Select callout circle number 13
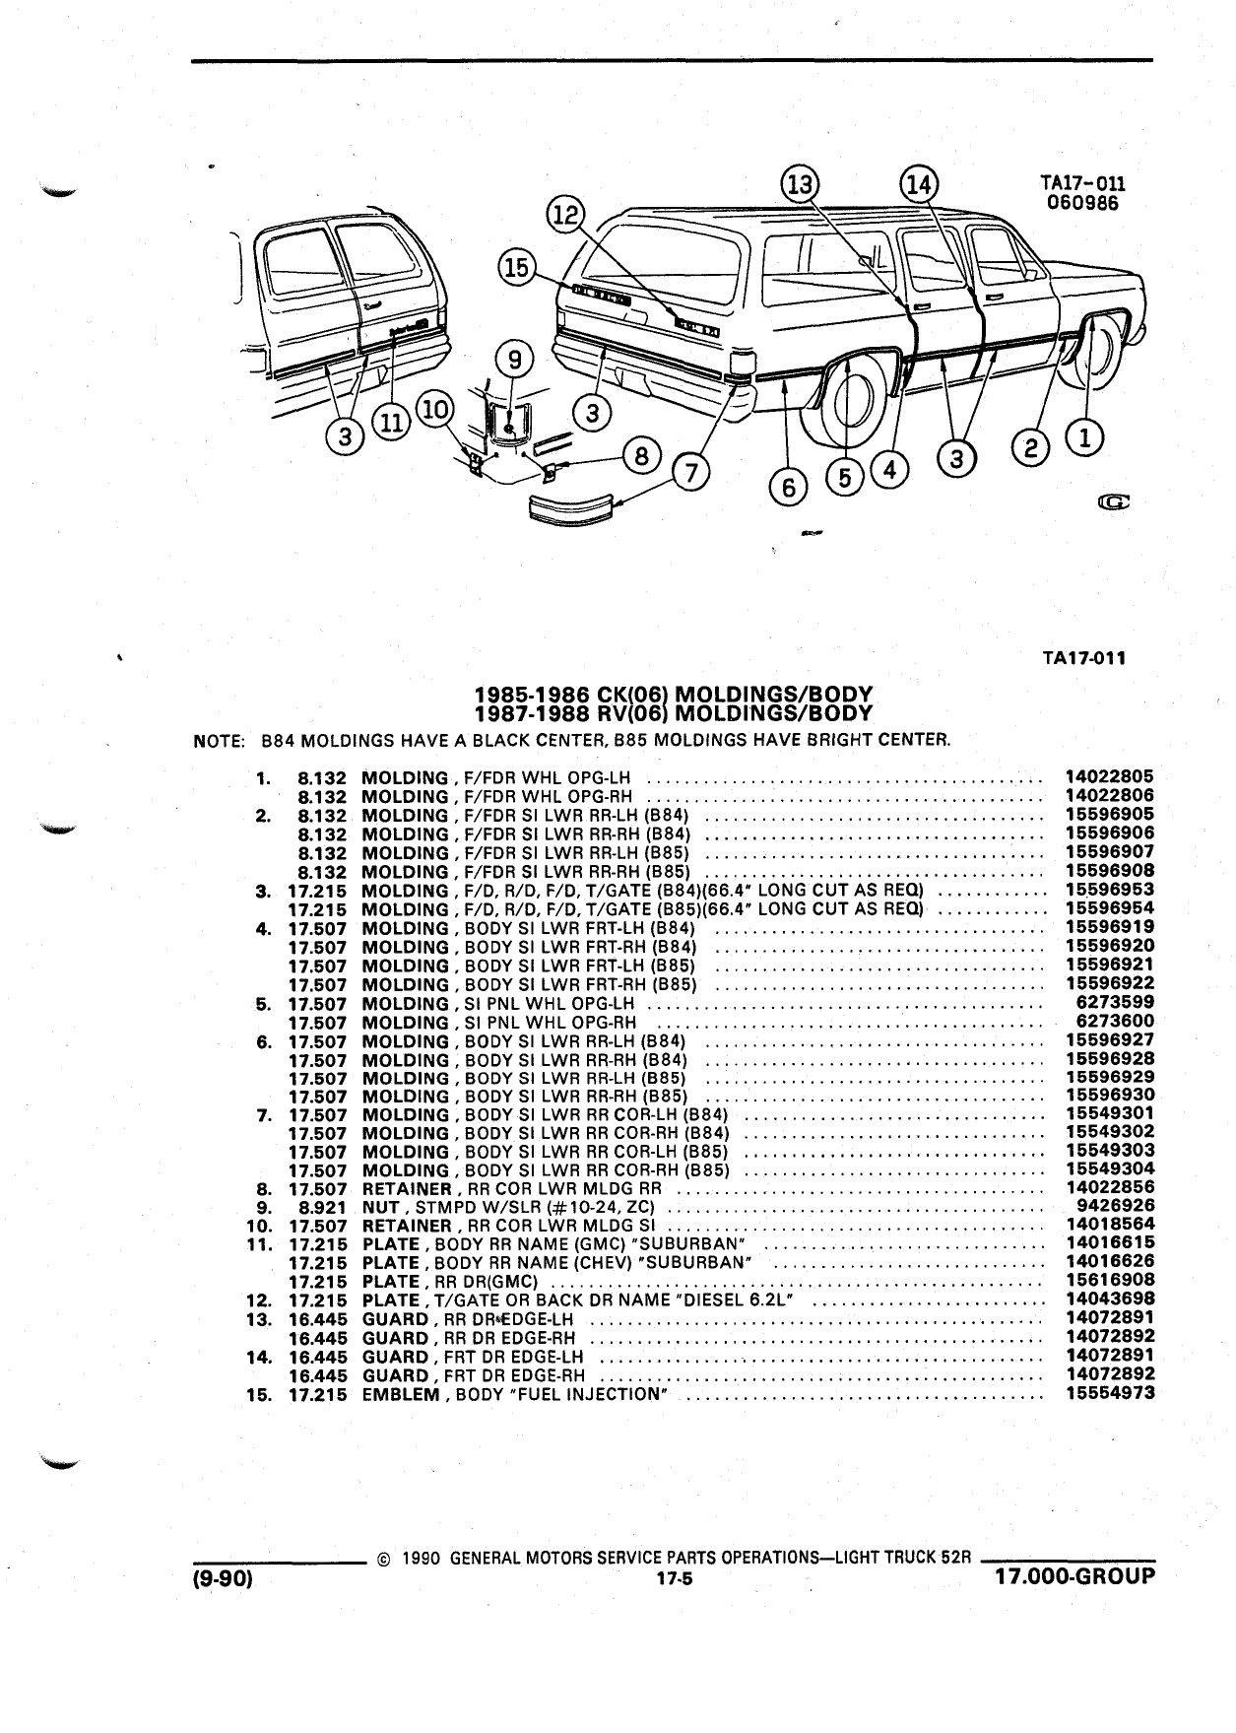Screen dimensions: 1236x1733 tap(801, 184)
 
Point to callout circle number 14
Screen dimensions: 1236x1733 tap(919, 184)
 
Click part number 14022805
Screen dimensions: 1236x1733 tap(1110, 776)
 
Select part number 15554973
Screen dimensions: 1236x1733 tap(1110, 1393)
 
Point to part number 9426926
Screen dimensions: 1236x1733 tap(1116, 1205)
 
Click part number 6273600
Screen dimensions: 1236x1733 tap(1116, 1021)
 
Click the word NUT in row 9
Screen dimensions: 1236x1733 tap(381, 1206)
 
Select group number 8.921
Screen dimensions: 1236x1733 tap(322, 1206)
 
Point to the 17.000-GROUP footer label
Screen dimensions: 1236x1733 tap(1074, 1576)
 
